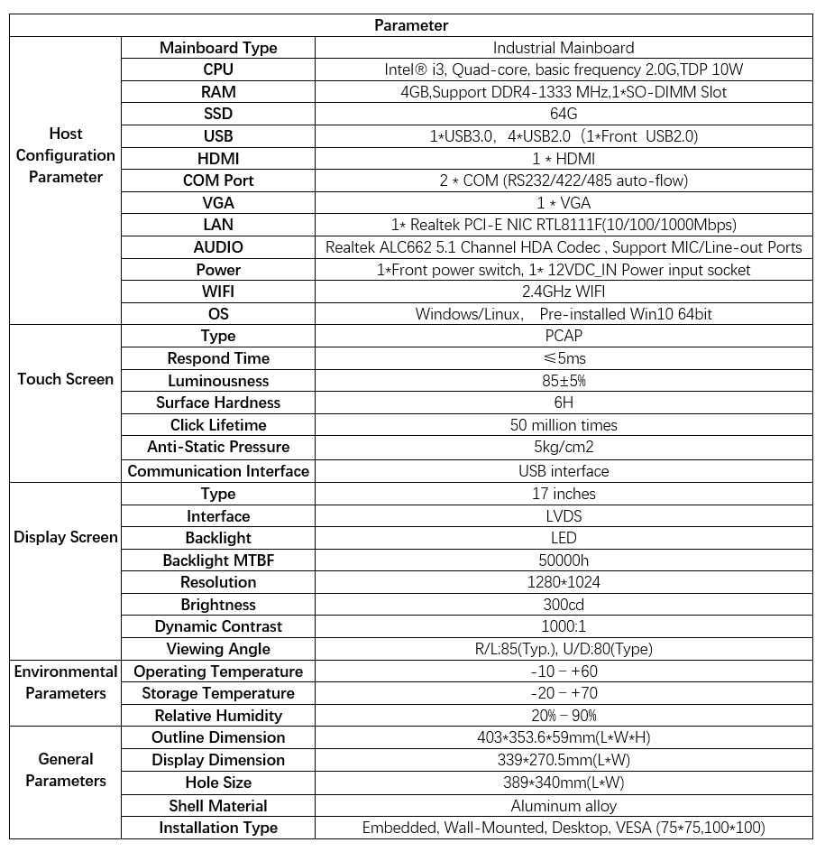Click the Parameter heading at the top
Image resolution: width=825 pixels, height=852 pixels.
click(x=411, y=25)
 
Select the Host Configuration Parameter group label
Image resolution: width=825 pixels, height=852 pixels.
click(x=66, y=155)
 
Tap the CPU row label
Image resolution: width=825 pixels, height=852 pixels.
click(x=218, y=69)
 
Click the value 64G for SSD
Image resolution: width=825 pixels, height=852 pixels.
click(x=564, y=114)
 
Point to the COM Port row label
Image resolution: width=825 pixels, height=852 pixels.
click(x=218, y=181)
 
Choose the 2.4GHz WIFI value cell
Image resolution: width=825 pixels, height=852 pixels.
click(x=564, y=292)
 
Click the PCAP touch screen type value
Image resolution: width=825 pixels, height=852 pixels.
click(x=564, y=336)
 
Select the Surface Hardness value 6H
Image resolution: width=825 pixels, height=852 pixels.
click(x=564, y=403)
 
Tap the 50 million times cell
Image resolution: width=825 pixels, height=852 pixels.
click(x=564, y=425)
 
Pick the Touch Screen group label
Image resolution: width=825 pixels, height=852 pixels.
click(x=66, y=379)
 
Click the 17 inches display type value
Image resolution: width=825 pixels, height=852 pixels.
click(x=564, y=494)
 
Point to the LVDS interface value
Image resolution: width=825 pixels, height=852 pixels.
click(x=564, y=516)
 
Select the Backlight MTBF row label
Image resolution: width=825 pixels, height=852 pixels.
click(x=218, y=560)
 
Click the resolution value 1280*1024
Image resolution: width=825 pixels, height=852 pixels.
click(x=564, y=582)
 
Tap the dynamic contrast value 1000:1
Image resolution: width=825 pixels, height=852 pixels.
click(x=564, y=626)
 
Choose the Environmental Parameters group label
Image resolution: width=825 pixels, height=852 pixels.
click(x=66, y=682)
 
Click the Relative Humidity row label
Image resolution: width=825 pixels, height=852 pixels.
click(x=218, y=716)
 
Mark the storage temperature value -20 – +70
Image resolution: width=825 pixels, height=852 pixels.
click(x=564, y=693)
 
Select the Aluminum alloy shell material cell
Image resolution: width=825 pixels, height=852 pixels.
click(x=564, y=806)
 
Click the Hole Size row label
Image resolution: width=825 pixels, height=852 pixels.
click(x=218, y=783)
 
